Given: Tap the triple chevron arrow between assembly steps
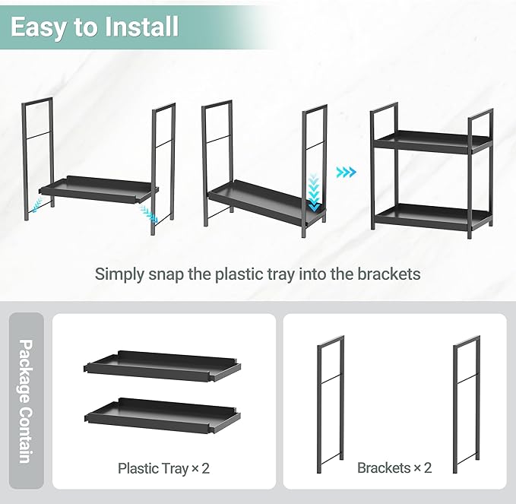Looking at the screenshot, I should point(347,173).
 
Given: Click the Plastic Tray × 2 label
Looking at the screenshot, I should point(163,468).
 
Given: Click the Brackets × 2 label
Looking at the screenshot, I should point(394,468).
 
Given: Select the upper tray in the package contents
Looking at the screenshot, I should point(161,366).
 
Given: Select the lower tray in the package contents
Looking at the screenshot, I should point(161,413).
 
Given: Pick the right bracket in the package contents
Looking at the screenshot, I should point(467,403).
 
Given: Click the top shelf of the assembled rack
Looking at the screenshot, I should point(432,142).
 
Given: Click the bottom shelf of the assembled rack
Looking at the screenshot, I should point(432,216).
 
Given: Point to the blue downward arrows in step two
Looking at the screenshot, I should point(314,190).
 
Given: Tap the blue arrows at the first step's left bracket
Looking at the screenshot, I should point(34,204).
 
